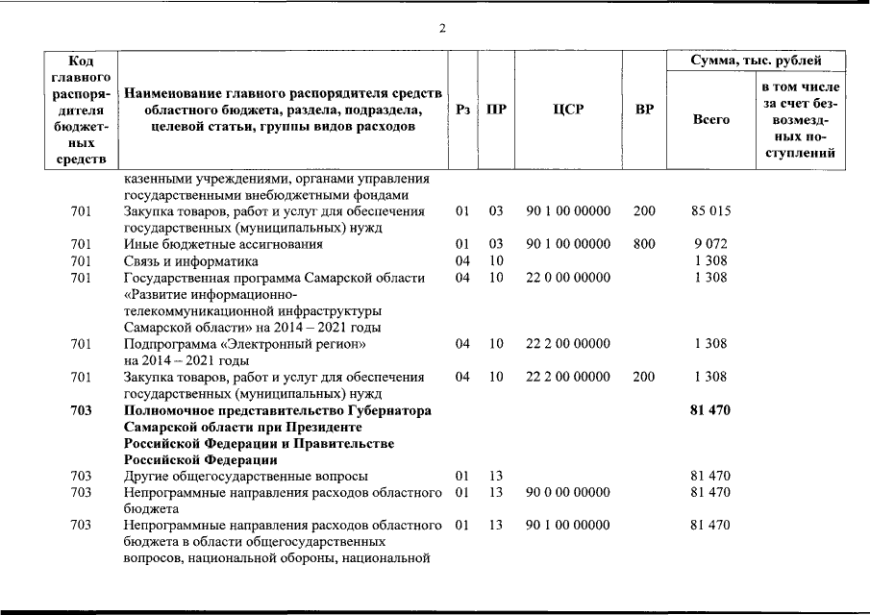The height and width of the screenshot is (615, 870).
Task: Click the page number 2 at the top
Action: (x=442, y=28)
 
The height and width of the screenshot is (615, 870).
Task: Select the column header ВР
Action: (x=644, y=110)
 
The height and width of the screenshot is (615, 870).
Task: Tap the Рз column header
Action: (x=462, y=110)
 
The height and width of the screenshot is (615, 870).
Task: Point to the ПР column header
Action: (x=496, y=110)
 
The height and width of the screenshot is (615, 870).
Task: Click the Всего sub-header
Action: (x=710, y=119)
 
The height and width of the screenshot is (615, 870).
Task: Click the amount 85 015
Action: (x=710, y=210)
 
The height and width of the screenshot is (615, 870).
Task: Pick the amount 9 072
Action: (x=710, y=244)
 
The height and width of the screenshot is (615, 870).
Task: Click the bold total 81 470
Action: (x=710, y=410)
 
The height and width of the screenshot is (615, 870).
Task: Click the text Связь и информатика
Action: (x=191, y=260)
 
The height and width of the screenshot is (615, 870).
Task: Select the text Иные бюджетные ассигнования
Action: (x=223, y=244)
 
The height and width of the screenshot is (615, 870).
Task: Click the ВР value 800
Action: (x=644, y=244)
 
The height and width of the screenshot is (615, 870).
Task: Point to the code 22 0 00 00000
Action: (x=568, y=278)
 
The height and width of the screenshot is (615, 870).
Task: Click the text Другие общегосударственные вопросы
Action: (x=245, y=476)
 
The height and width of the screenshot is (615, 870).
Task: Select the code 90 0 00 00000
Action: (x=568, y=492)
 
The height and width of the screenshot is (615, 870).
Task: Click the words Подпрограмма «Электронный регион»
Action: (x=245, y=344)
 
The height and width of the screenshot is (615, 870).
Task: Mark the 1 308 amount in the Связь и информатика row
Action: (x=710, y=260)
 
